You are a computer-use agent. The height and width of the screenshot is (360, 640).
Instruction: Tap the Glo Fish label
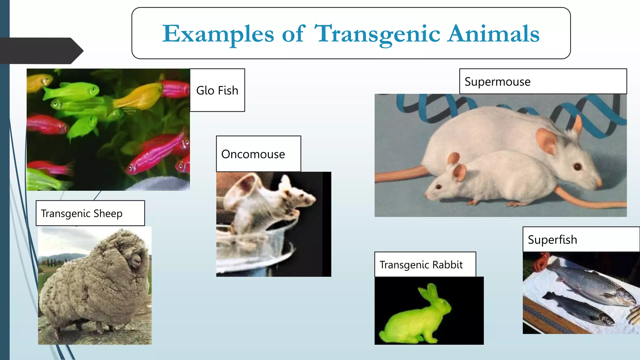pos(217,90)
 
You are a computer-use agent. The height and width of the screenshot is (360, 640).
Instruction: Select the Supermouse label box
pos(543,82)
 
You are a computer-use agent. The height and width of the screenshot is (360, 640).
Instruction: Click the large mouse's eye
pos(577,167)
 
